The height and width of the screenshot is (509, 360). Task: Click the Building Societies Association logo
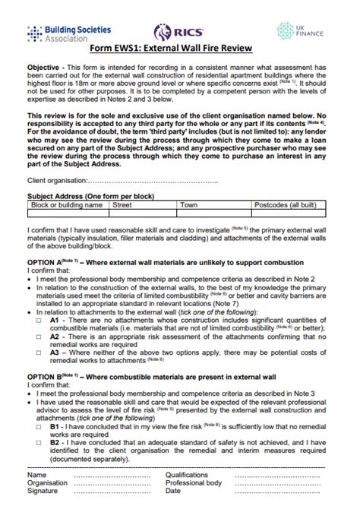point(57,31)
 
